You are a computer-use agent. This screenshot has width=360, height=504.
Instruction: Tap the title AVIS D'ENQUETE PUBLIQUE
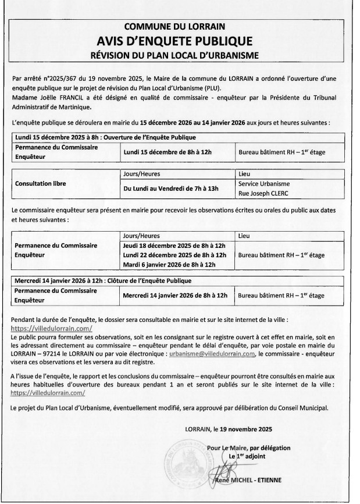click(x=180, y=41)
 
